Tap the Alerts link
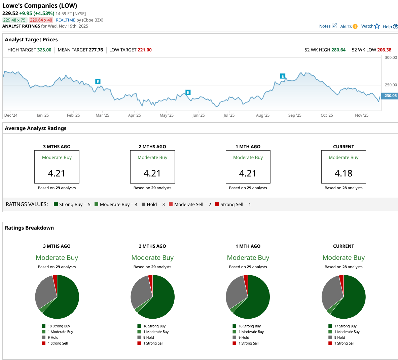click(349, 27)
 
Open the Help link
click(390, 27)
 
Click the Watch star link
click(370, 26)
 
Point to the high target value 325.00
click(44, 50)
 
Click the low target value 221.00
click(144, 50)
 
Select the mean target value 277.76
click(96, 50)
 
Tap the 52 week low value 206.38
click(384, 50)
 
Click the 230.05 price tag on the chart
click(390, 96)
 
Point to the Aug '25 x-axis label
click(262, 115)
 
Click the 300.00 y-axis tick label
click(391, 57)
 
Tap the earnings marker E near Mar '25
click(98, 82)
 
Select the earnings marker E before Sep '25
click(283, 76)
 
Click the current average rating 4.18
click(343, 173)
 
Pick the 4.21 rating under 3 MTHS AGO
click(57, 173)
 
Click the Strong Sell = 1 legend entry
click(233, 204)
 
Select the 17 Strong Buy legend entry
click(345, 326)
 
